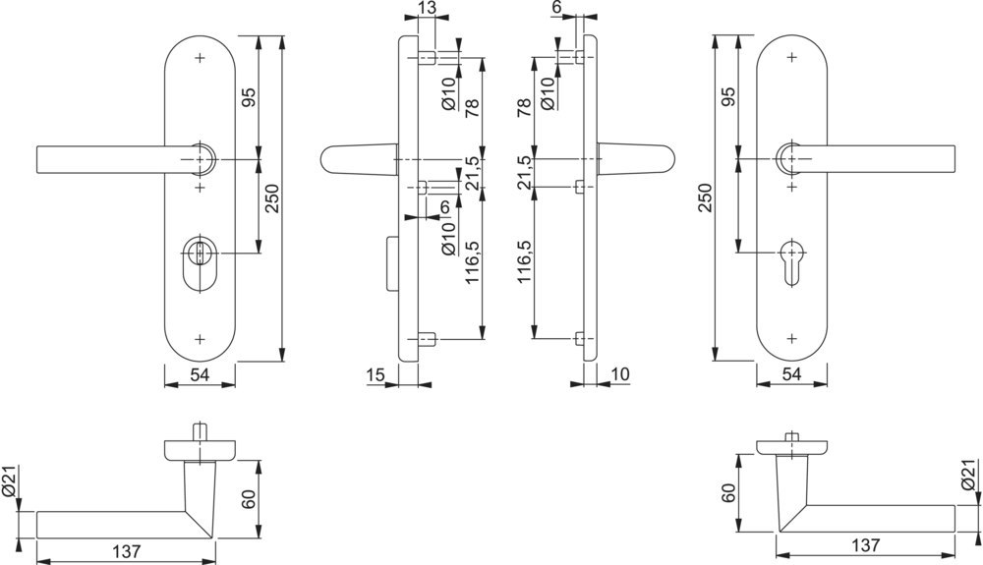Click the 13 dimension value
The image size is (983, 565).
coord(427,9)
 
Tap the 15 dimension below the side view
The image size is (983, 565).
coord(375,374)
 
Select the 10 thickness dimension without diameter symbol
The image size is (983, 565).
coord(619,374)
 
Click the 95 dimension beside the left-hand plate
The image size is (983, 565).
coord(249,97)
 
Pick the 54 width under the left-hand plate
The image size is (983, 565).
coord(200,374)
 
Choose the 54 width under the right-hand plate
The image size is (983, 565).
coord(791,374)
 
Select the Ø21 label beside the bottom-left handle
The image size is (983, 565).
coord(11,480)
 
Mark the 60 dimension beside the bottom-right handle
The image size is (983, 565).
coord(728,492)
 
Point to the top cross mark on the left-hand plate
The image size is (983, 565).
coord(201,58)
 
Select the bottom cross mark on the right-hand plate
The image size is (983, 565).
coord(792,337)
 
